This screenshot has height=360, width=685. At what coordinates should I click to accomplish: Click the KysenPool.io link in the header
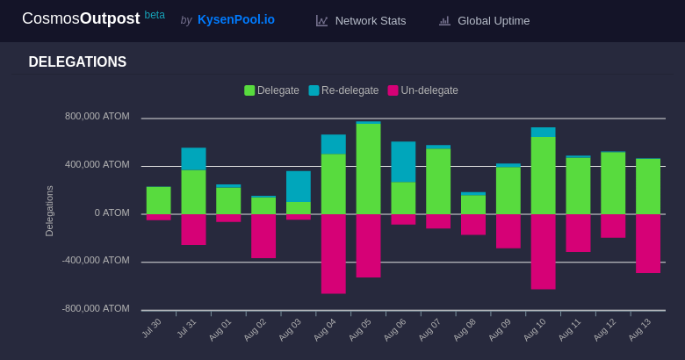point(235,19)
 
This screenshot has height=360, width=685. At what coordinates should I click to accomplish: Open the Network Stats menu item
point(370,20)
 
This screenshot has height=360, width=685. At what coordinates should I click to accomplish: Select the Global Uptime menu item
point(493,20)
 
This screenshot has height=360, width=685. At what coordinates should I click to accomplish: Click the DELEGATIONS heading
point(77,62)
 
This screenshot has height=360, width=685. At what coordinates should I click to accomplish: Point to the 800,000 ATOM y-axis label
point(97,116)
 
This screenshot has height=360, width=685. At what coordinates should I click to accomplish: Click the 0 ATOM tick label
point(112,212)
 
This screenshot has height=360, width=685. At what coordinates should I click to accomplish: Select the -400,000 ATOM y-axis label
point(95,260)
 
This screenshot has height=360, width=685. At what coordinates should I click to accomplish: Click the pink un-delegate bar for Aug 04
point(333,253)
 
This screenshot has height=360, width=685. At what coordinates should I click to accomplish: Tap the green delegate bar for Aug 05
point(368,169)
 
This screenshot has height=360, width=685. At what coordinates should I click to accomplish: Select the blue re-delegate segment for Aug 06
point(403,162)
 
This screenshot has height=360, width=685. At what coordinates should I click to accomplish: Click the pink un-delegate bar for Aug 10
point(543,251)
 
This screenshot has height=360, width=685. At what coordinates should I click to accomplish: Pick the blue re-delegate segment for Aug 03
point(299,186)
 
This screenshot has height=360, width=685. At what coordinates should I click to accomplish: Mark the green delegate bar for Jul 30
point(158,200)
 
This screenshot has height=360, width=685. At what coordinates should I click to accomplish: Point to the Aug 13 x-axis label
point(639,329)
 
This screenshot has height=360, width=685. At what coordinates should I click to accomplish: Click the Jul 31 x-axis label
point(186,328)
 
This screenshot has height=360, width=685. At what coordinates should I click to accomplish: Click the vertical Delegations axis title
point(49,211)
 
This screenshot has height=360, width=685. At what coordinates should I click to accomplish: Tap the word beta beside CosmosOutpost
point(155,15)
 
